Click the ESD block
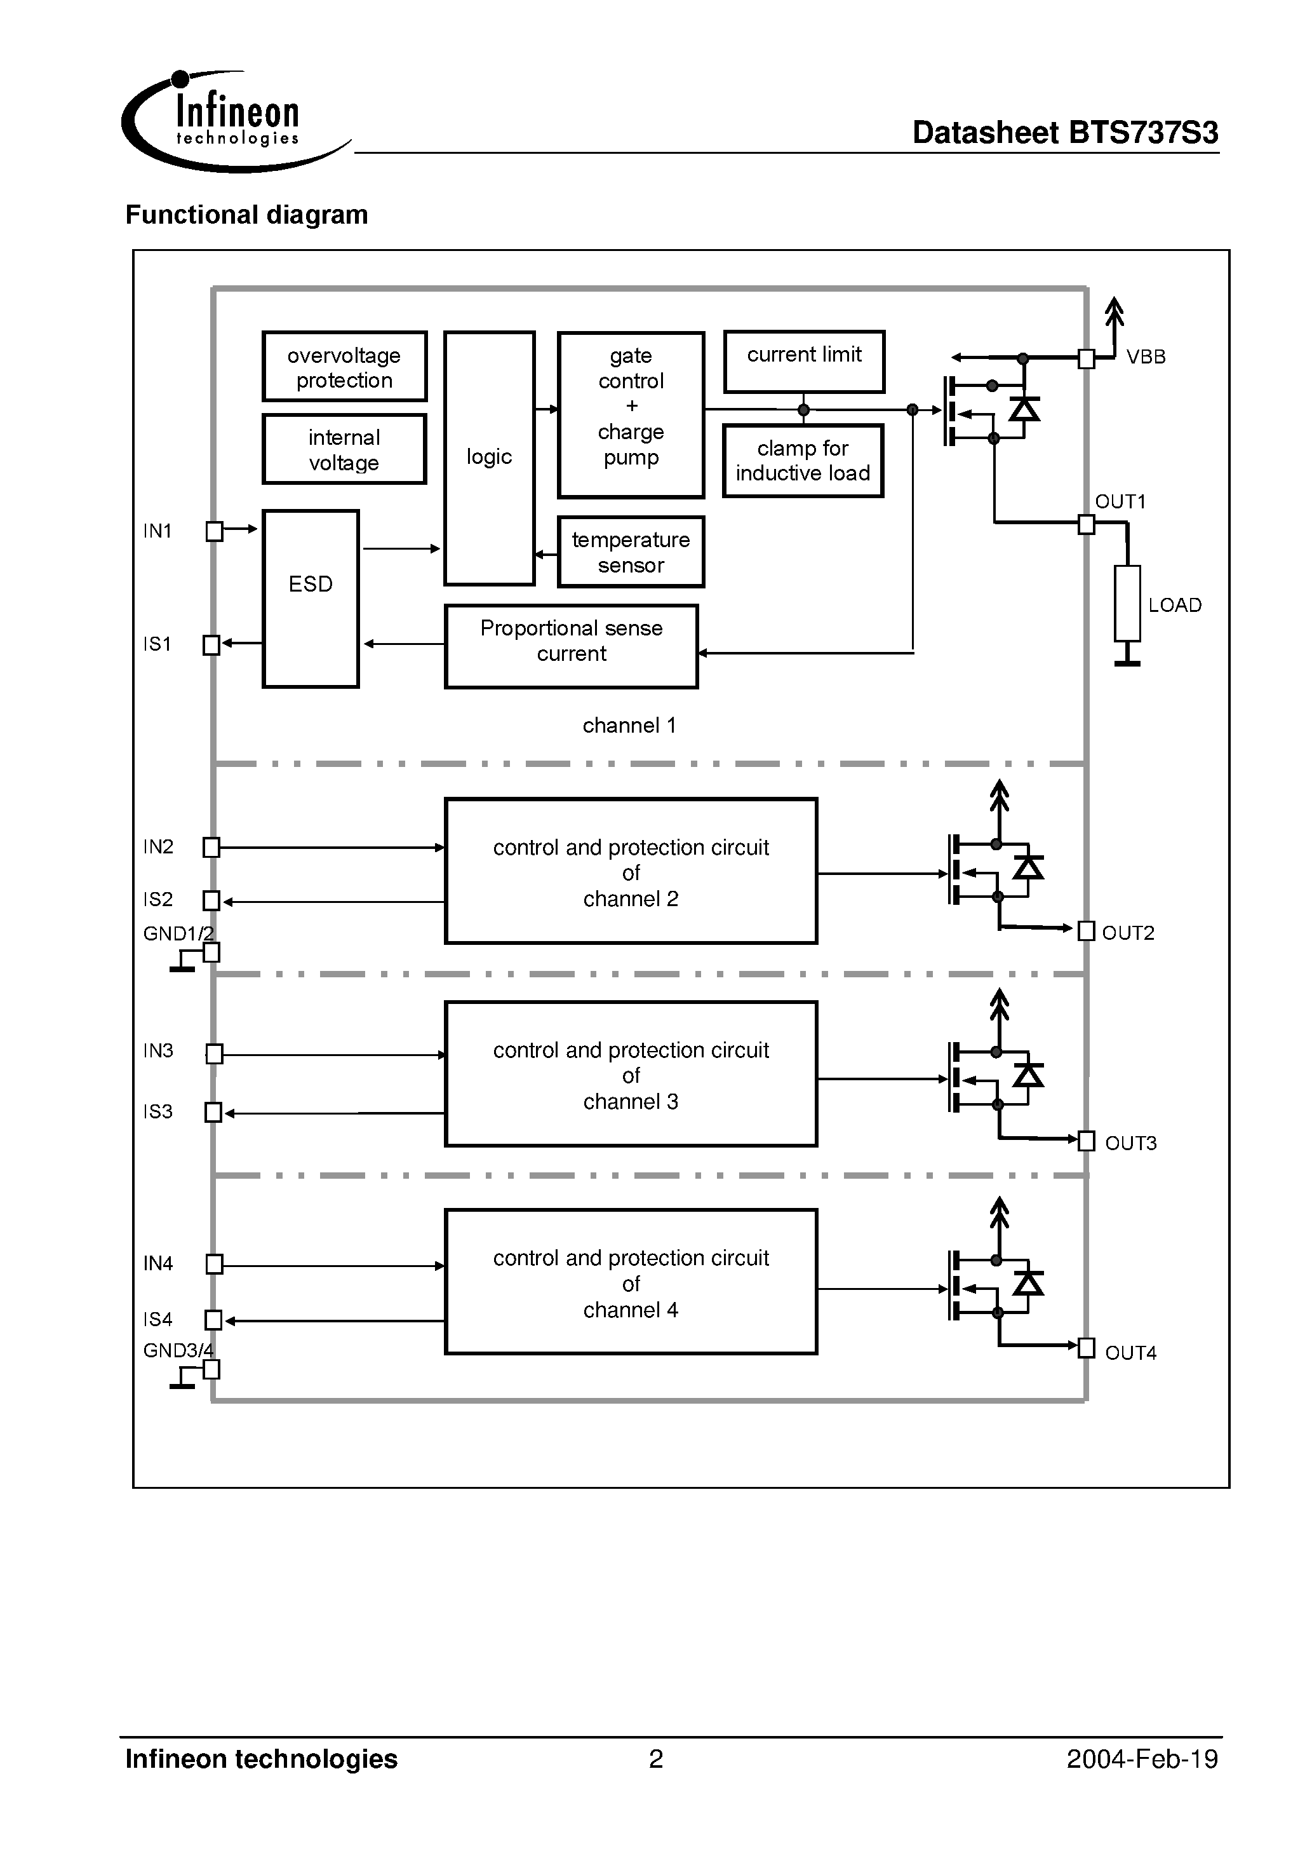pyautogui.click(x=311, y=599)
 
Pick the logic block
pyautogui.click(x=490, y=458)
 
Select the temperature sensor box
pyautogui.click(x=631, y=552)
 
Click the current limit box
pyautogui.click(x=804, y=361)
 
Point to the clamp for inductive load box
pyautogui.click(x=803, y=461)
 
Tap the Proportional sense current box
pyautogui.click(x=571, y=646)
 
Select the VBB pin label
pyautogui.click(x=1146, y=357)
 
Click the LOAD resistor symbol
pyautogui.click(x=1127, y=603)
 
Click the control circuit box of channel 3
pyautogui.click(x=631, y=1074)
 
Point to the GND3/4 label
pyautogui.click(x=178, y=1350)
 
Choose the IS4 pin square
pyautogui.click(x=213, y=1320)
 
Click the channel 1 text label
pyautogui.click(x=629, y=725)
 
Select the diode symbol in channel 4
pyautogui.click(x=1028, y=1283)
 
